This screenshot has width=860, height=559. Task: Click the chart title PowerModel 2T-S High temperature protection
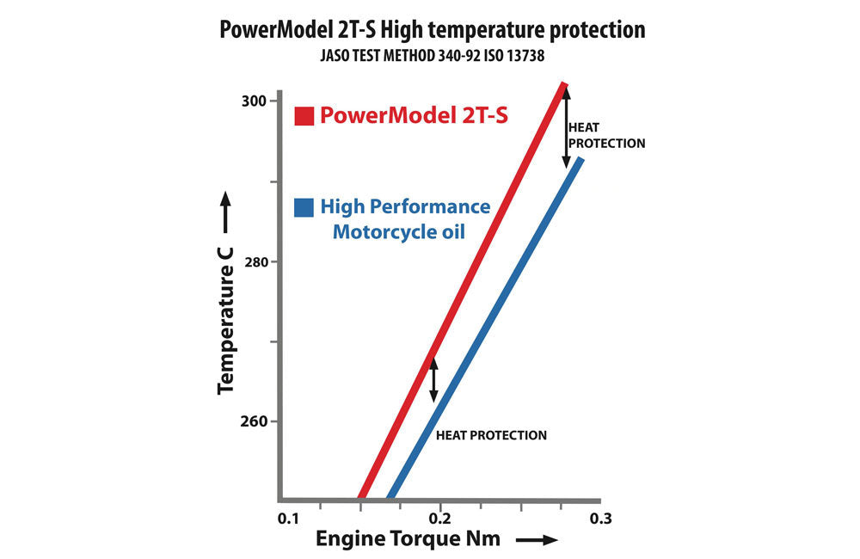pos(433,30)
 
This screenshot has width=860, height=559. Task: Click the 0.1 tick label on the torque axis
pos(287,519)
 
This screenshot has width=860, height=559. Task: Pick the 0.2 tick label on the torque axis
pos(440,519)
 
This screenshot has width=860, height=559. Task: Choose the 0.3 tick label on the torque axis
pos(600,519)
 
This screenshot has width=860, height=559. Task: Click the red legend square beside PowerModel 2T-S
pos(304,116)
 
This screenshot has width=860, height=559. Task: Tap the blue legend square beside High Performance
pos(304,208)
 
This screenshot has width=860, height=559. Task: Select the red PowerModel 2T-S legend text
pos(414,115)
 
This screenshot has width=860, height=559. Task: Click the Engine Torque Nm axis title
pos(407,540)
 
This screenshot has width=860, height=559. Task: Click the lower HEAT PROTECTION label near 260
pos(491,435)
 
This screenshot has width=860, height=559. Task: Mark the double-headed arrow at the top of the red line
pos(565,127)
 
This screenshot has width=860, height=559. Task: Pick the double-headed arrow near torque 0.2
pos(433,378)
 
